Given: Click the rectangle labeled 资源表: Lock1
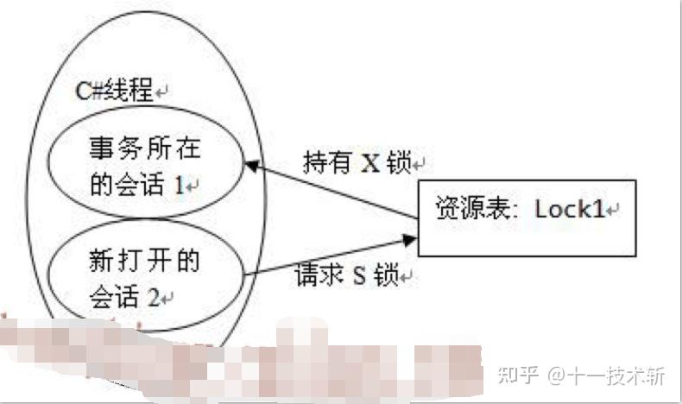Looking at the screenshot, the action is pyautogui.click(x=527, y=218).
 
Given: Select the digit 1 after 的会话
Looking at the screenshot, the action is pyautogui.click(x=180, y=185).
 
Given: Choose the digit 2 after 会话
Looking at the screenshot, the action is pyautogui.click(x=152, y=298).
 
